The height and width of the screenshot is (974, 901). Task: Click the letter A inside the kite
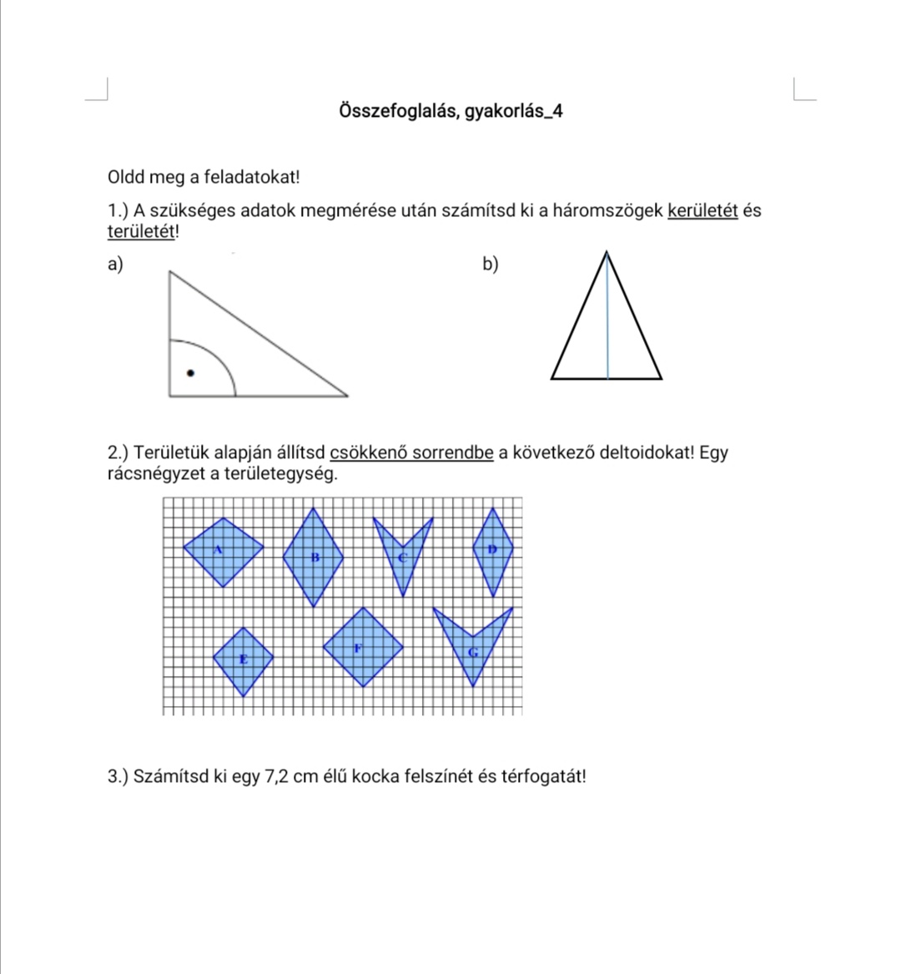click(219, 549)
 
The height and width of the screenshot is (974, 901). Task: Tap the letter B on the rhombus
click(315, 557)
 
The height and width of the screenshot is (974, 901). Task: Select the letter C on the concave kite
click(402, 557)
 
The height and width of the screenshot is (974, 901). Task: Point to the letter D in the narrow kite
click(491, 548)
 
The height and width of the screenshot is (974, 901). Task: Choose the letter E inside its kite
click(244, 659)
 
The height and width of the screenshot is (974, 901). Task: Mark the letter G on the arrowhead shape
click(473, 652)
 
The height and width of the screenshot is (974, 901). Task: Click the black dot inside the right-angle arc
click(190, 373)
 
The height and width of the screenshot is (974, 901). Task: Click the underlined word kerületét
click(702, 210)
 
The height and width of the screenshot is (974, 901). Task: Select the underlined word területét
click(142, 231)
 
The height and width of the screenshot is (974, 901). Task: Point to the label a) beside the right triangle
click(115, 265)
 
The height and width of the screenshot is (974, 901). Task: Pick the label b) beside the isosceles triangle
click(491, 265)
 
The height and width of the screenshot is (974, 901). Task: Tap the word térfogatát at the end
click(542, 776)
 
